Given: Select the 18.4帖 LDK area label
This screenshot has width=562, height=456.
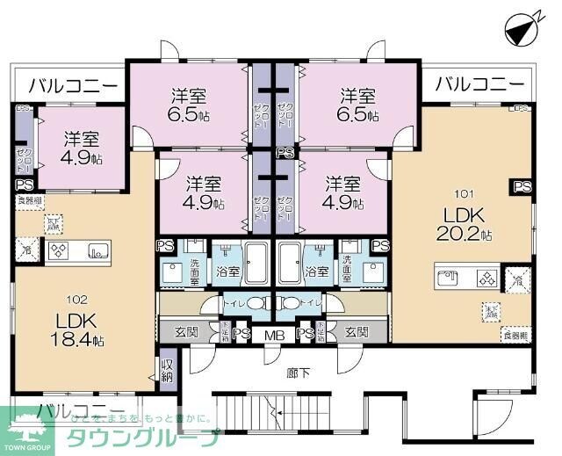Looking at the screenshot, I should point(76,330).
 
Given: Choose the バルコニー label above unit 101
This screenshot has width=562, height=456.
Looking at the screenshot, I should point(479,86).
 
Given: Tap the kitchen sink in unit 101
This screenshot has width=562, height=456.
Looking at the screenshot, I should point(450,280).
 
